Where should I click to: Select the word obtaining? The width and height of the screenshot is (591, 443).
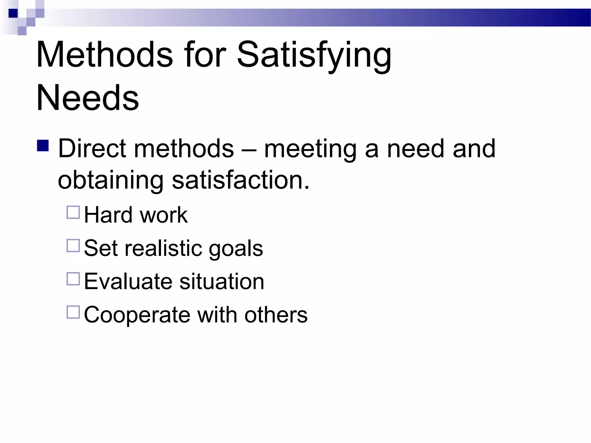point(111,181)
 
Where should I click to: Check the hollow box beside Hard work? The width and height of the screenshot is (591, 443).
point(73,212)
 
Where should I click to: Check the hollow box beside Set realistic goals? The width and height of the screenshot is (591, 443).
point(73,246)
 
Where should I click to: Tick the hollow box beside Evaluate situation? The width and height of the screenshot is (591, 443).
point(73,279)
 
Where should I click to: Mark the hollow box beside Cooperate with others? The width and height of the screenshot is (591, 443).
point(73,312)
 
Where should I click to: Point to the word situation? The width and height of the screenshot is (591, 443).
point(222,281)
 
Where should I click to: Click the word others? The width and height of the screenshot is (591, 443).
point(276,315)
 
